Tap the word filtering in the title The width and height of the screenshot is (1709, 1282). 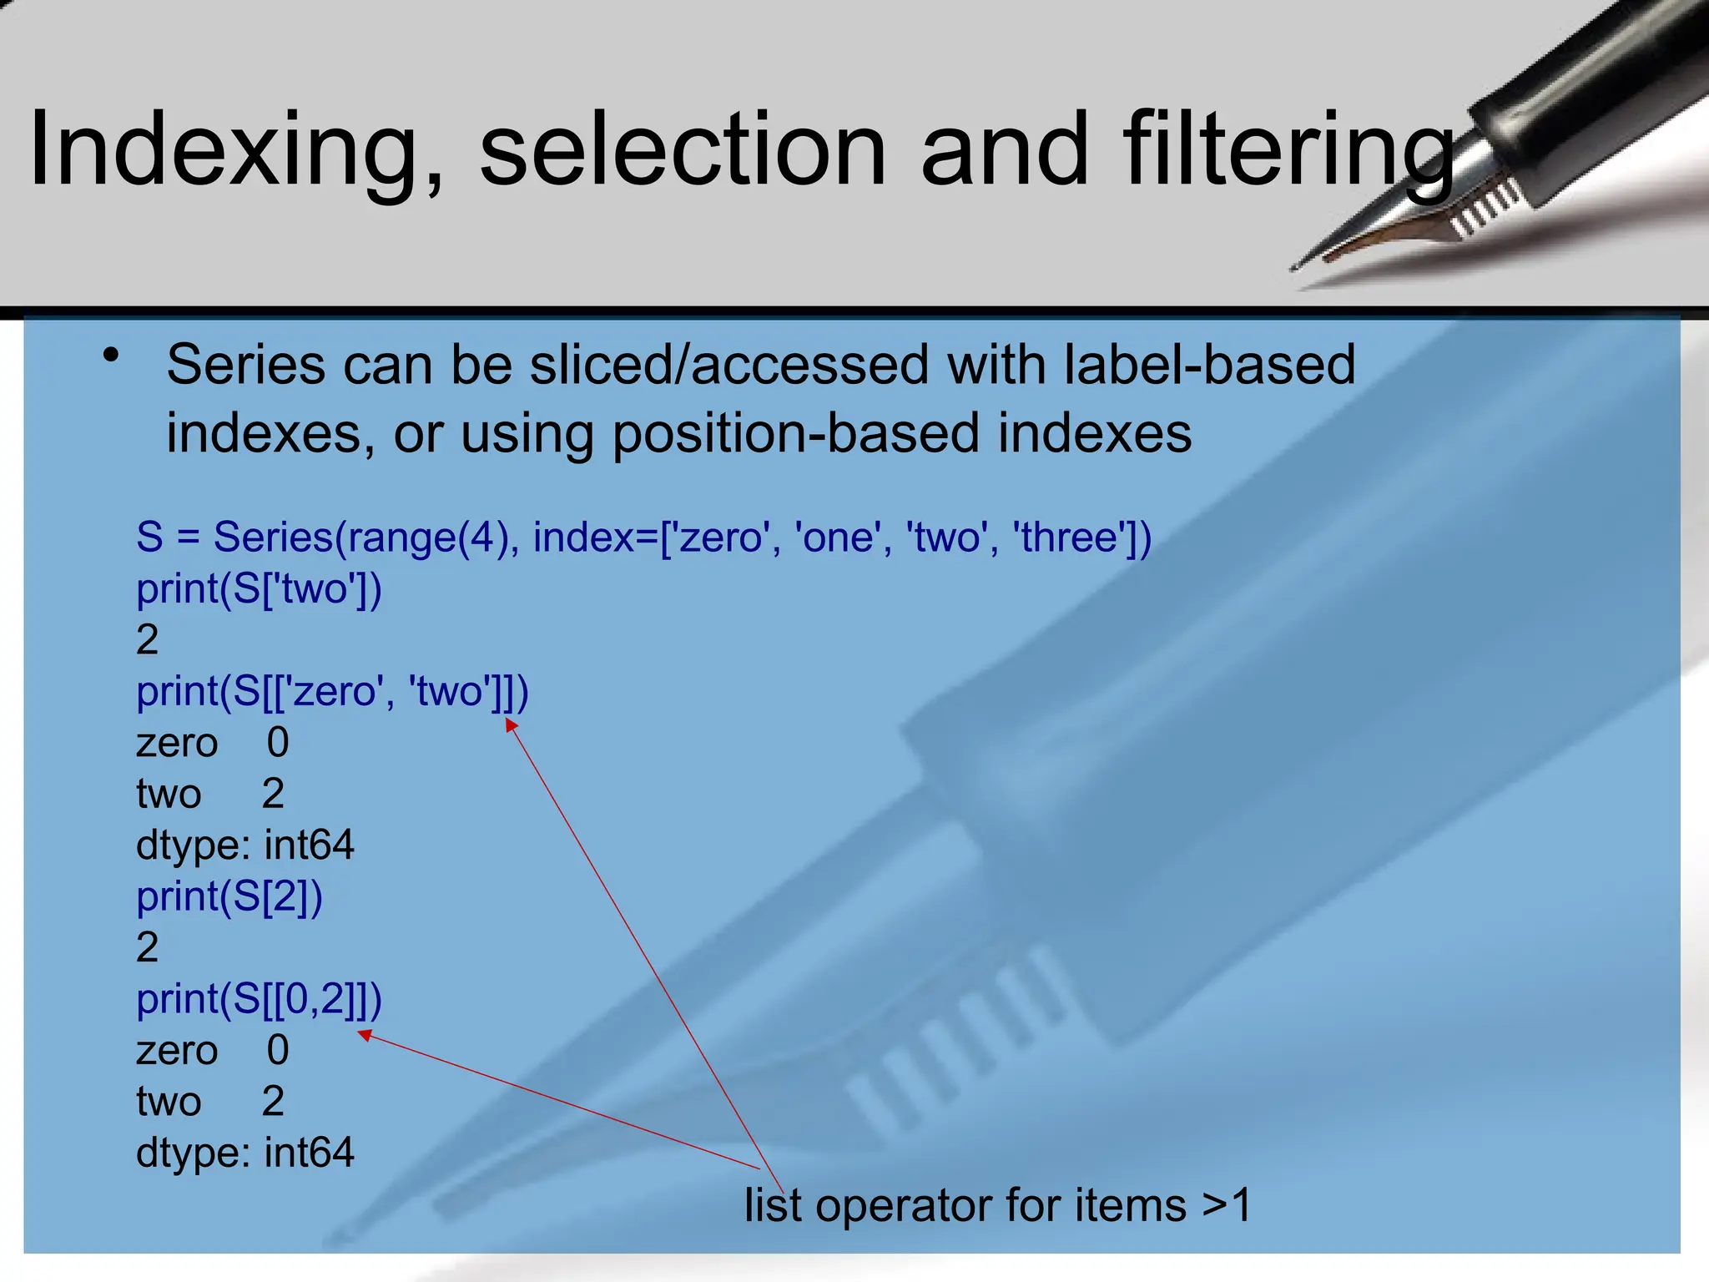tap(1288, 150)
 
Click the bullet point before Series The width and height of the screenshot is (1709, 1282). tap(111, 356)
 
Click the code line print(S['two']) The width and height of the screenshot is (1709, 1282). tap(259, 589)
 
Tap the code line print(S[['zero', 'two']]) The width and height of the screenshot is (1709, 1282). tap(332, 692)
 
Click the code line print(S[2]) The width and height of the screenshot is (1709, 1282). tap(229, 897)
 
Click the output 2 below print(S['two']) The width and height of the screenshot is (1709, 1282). tap(148, 640)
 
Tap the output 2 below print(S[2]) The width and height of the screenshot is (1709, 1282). tap(148, 947)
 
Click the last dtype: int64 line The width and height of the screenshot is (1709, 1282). tap(245, 1153)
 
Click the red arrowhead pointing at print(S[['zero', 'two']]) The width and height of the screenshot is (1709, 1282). tap(510, 724)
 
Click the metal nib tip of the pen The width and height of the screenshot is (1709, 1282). tap(1298, 265)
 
